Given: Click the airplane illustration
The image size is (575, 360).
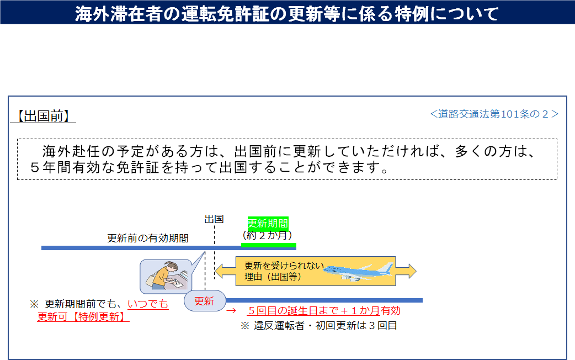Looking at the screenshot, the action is (358, 272).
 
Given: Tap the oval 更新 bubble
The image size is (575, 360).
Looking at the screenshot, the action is (205, 301).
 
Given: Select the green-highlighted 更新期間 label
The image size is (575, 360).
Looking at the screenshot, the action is (268, 223).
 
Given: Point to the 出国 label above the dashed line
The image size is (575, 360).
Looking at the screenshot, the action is (214, 219).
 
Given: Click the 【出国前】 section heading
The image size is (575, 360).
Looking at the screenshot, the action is (43, 116).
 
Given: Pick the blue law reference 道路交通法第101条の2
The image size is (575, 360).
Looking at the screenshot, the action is (494, 114).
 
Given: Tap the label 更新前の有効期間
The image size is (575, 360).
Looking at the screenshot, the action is (148, 238).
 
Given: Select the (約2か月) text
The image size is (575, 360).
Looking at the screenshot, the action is (267, 235).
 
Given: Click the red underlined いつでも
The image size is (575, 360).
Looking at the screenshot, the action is (148, 304).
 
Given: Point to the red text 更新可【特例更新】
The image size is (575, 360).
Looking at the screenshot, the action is (83, 316).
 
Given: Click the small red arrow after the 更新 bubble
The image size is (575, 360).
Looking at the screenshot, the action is (231, 311).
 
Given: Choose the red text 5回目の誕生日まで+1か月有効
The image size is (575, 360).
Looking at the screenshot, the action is (324, 310).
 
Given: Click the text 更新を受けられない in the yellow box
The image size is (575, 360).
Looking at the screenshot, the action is (284, 266).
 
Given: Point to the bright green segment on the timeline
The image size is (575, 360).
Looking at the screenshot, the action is (268, 245).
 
